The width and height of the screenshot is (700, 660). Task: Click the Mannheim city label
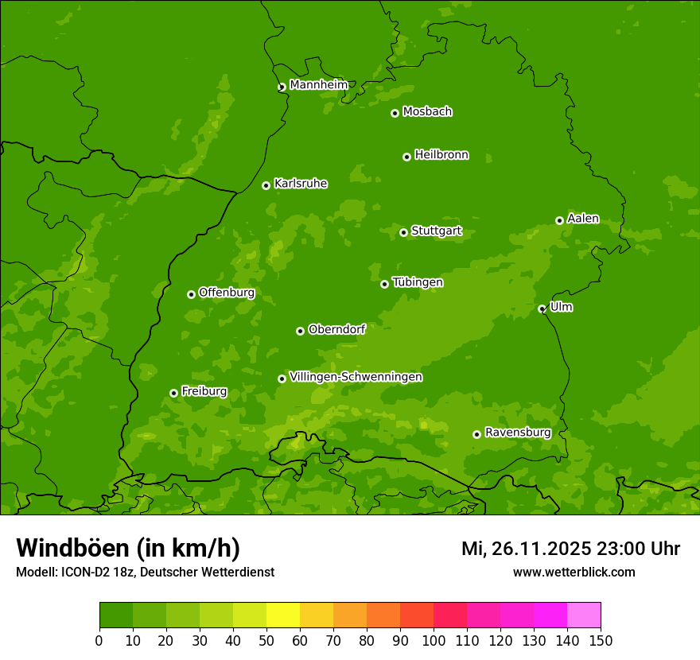tap(318, 85)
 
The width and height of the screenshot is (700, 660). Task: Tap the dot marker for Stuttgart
tap(403, 232)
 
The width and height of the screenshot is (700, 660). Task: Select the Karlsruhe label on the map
tap(300, 184)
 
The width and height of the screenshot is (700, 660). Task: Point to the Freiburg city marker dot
tap(173, 393)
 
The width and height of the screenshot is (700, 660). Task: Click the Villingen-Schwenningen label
tap(356, 377)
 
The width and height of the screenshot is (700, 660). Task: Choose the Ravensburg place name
tap(517, 433)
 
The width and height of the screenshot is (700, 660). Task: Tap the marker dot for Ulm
tap(542, 309)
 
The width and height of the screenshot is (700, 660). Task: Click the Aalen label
tap(583, 219)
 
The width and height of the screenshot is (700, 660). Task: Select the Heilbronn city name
tap(441, 155)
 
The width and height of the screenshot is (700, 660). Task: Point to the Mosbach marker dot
tap(395, 113)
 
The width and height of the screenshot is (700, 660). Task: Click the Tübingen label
tap(418, 282)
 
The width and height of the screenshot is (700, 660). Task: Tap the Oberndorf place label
tap(336, 329)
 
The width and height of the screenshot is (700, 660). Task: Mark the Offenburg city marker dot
tap(191, 294)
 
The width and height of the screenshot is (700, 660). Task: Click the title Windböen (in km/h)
tap(128, 548)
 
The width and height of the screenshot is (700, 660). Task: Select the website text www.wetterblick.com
tap(574, 572)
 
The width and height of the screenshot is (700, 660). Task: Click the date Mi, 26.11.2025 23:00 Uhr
tap(570, 549)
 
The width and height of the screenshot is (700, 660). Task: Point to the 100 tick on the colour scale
tap(434, 640)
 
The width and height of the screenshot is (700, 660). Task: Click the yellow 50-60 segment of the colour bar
tap(283, 615)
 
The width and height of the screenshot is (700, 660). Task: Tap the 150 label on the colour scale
tap(601, 640)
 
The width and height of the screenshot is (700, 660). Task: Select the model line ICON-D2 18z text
tap(145, 572)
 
